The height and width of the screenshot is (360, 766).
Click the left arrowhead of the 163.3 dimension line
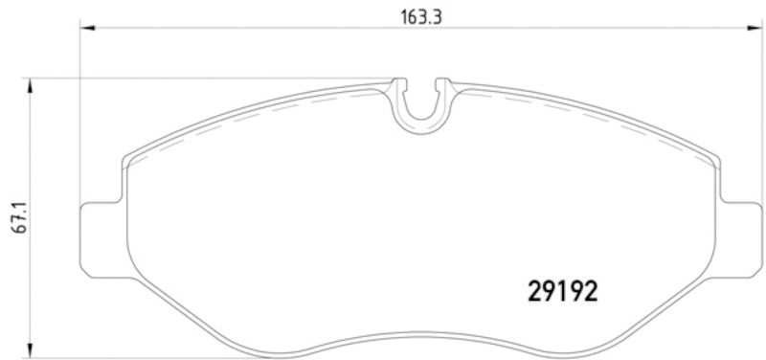click(x=85, y=29)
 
